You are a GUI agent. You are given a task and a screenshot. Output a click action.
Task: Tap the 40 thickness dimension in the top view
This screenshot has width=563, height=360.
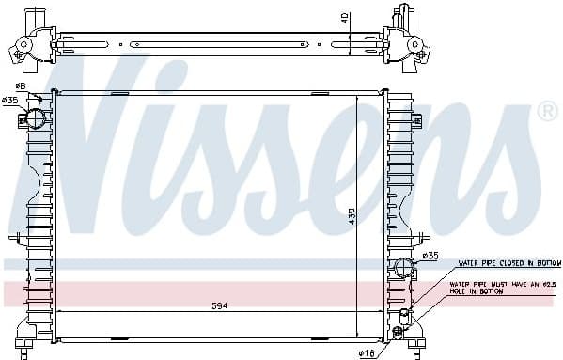click(x=344, y=19)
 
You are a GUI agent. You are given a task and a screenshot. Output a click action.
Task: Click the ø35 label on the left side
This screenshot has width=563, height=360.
click(x=10, y=100)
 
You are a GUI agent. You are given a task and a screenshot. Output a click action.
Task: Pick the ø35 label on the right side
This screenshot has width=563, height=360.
click(x=430, y=255)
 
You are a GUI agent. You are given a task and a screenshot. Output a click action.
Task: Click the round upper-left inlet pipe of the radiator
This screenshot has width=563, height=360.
click(x=35, y=118)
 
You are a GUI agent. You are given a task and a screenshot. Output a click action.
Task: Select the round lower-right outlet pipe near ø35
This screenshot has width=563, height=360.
click(x=404, y=267)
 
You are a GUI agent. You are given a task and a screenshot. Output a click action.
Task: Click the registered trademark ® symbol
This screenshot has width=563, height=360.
click(x=546, y=113)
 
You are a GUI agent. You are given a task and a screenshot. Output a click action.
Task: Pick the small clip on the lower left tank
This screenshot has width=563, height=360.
click(x=14, y=236)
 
